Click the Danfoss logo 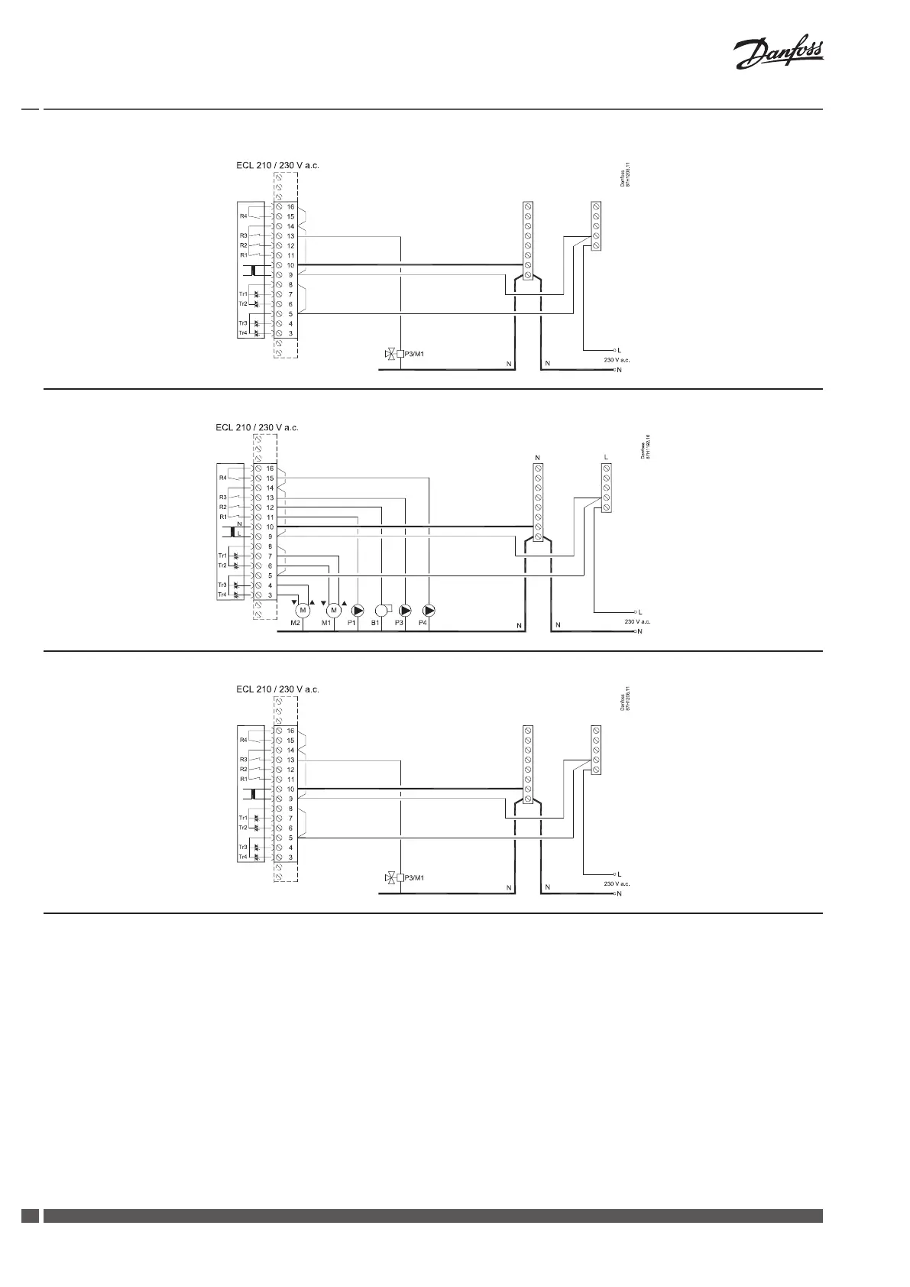(779, 55)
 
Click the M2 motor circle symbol (303, 610)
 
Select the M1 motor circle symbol (333, 610)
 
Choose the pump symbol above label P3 (405, 610)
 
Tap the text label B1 (375, 624)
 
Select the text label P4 (423, 624)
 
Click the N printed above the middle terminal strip (538, 458)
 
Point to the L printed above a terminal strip (606, 458)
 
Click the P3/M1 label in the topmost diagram (413, 354)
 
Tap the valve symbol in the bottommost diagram (392, 877)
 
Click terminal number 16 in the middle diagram (270, 468)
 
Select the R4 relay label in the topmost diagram (244, 216)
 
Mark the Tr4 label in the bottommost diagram (243, 857)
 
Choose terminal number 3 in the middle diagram (270, 595)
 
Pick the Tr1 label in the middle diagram (222, 556)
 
